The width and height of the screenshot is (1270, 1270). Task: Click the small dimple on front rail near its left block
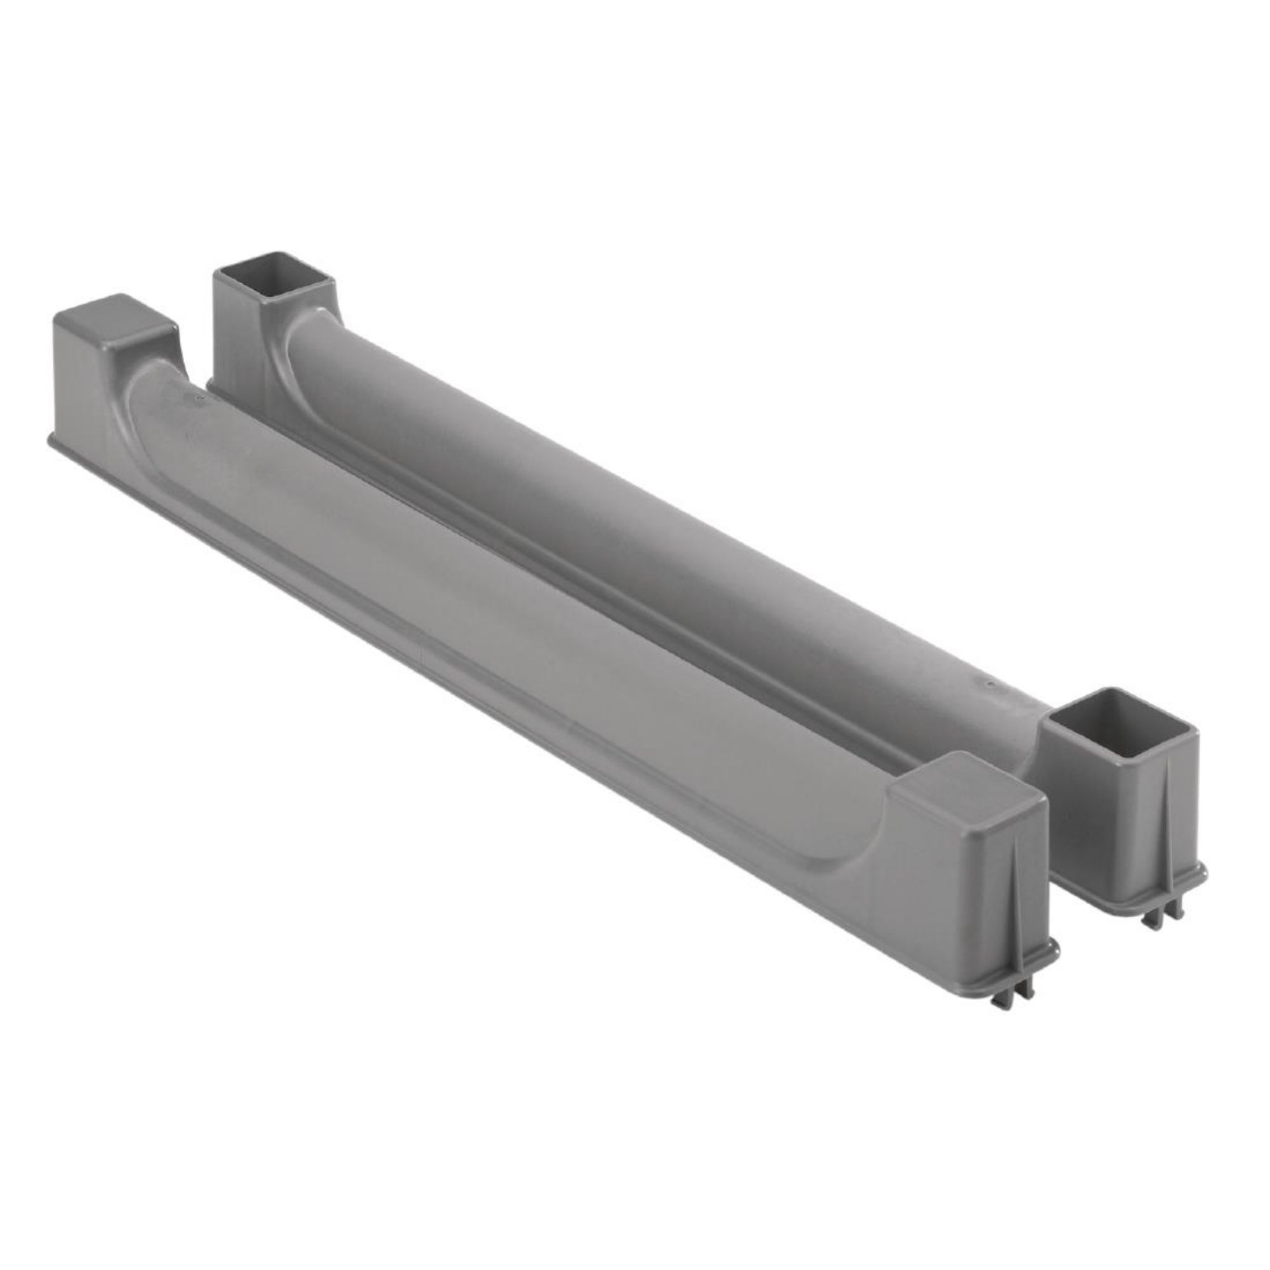(x=196, y=397)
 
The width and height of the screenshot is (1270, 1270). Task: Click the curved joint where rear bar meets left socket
(x=296, y=342)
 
